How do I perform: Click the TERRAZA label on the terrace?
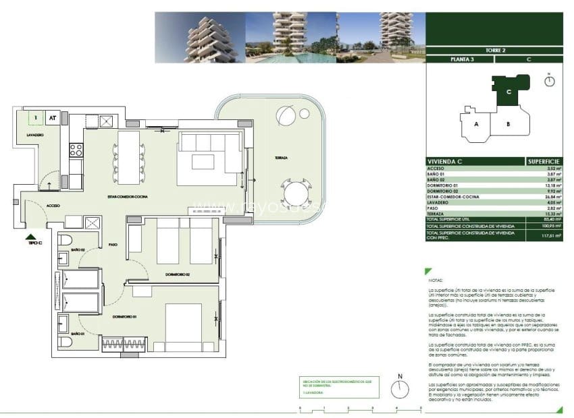click(x=281, y=158)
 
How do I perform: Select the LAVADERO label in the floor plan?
click(x=35, y=136)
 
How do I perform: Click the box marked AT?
click(x=52, y=118)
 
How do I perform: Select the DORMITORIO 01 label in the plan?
click(x=125, y=316)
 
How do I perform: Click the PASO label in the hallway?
click(x=113, y=245)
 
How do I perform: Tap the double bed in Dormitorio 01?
click(x=183, y=327)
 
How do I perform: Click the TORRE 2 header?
click(x=494, y=50)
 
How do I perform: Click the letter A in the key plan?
click(x=476, y=125)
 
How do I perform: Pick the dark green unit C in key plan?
click(x=508, y=92)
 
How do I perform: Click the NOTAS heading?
click(x=435, y=279)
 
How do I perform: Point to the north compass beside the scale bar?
click(x=400, y=388)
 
